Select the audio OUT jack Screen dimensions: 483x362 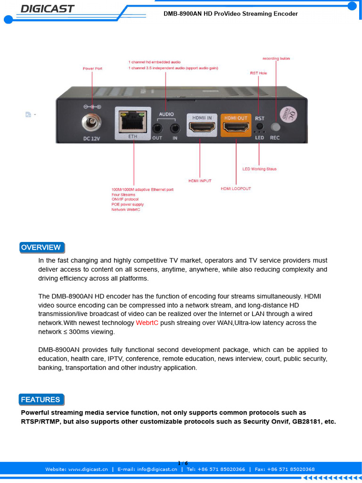pos(157,127)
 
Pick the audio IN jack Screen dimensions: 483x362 pos(175,127)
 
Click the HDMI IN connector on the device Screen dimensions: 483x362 pos(202,126)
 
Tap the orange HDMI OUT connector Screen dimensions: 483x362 pos(236,126)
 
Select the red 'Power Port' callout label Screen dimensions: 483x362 pos(92,68)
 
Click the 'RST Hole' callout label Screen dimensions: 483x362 pos(258,73)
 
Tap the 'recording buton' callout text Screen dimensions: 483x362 pos(276,58)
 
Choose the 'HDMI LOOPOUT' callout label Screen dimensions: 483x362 pos(236,189)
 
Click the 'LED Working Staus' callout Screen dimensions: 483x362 pos(259,169)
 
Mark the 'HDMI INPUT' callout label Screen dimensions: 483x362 pos(200,181)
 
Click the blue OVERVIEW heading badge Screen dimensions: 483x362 pos(41,248)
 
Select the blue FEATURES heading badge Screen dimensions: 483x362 pos(41,400)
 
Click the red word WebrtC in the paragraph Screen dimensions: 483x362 pos(147,323)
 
